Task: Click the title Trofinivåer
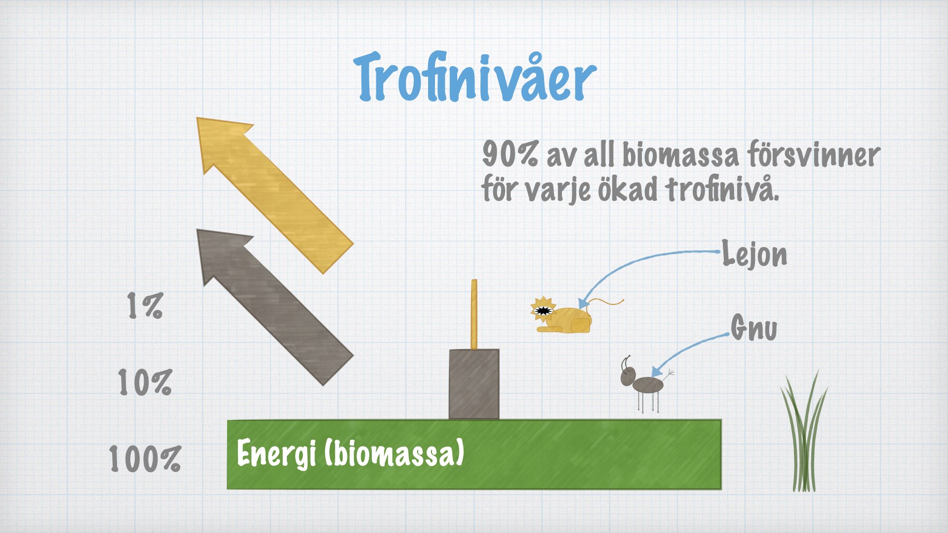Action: (x=475, y=78)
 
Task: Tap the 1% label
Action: (x=145, y=305)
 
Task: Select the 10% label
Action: (x=145, y=382)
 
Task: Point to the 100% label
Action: (x=145, y=458)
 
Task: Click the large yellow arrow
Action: (x=275, y=195)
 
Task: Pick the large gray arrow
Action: (x=275, y=307)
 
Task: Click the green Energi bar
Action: (x=474, y=455)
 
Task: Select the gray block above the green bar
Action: (x=474, y=384)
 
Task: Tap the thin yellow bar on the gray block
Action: (x=474, y=315)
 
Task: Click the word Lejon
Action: (x=754, y=254)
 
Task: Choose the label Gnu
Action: (x=754, y=328)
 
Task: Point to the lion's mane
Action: (x=543, y=309)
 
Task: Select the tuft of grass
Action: (x=804, y=432)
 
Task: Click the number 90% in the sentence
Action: (x=510, y=154)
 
